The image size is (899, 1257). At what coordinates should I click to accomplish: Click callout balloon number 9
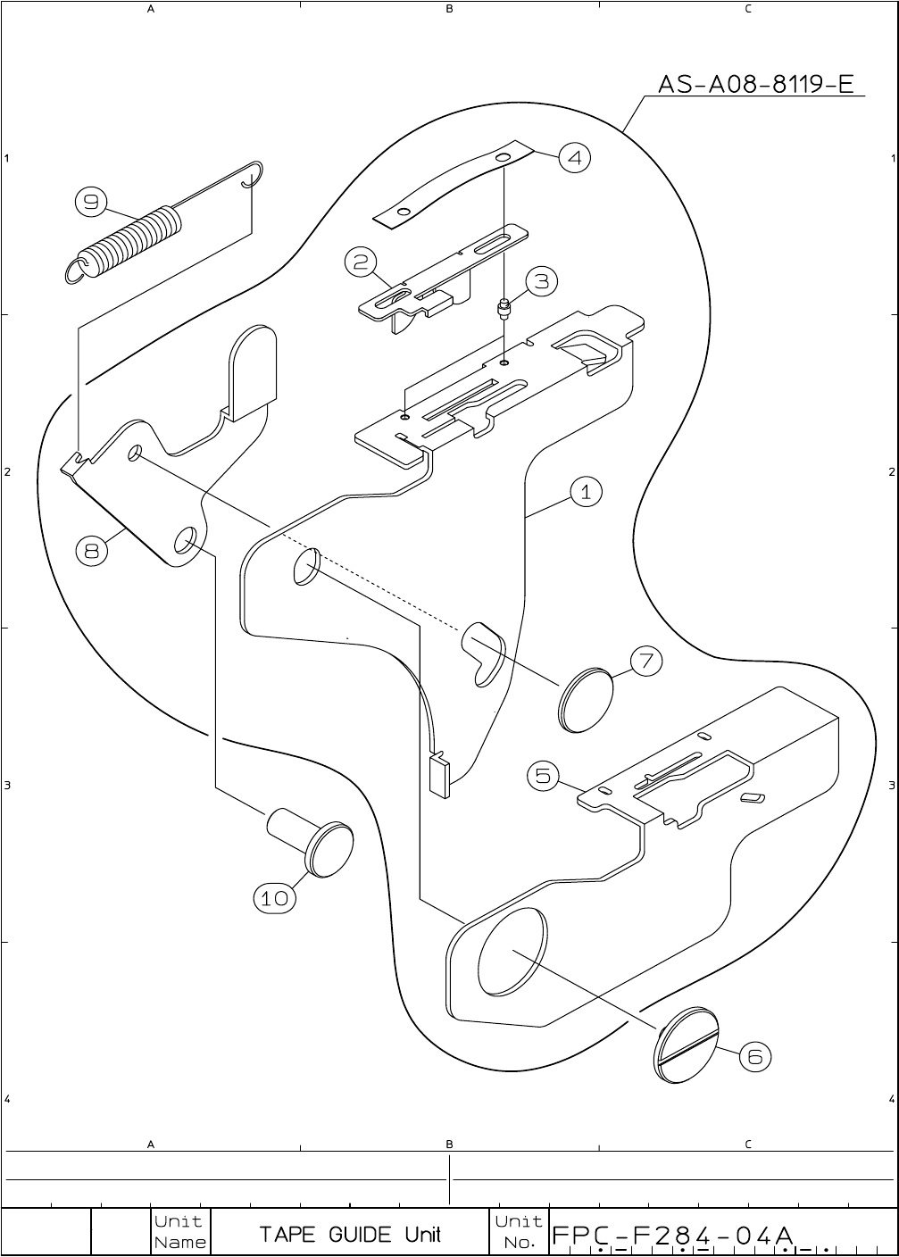(90, 203)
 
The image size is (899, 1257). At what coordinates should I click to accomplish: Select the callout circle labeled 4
(574, 158)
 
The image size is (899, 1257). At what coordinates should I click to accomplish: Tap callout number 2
(361, 262)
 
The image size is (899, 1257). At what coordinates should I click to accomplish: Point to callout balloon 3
(541, 282)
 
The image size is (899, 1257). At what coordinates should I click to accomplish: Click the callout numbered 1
(586, 492)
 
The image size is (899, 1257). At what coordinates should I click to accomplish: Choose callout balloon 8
(91, 551)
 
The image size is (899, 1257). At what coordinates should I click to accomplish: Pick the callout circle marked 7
(646, 662)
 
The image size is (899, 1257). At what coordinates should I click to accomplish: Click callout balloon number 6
(754, 1057)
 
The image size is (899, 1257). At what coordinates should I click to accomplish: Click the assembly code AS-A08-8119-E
(756, 85)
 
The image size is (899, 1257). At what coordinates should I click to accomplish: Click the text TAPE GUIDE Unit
(350, 1235)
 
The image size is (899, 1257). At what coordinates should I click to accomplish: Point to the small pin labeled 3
(504, 310)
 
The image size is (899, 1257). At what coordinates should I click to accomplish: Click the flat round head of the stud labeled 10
(329, 849)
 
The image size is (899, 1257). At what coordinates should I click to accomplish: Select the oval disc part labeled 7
(587, 700)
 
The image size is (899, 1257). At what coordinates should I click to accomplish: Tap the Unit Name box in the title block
(180, 1232)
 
